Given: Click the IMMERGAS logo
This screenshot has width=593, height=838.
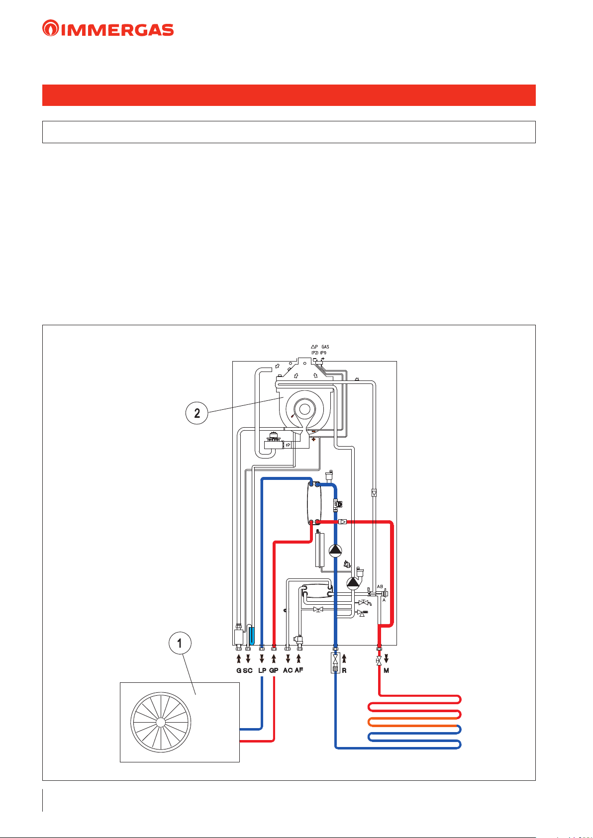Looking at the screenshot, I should pyautogui.click(x=108, y=28).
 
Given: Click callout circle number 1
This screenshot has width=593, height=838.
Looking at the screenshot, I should pyautogui.click(x=180, y=644).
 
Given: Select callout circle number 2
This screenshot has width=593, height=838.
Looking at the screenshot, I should pyautogui.click(x=197, y=413).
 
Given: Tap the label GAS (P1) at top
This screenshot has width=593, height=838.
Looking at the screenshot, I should pyautogui.click(x=324, y=350).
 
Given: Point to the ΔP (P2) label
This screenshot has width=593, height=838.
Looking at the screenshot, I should pyautogui.click(x=314, y=350).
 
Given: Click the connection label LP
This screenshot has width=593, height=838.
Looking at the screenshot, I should pyautogui.click(x=262, y=670).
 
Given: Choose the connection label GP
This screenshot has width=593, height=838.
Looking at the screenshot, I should pyautogui.click(x=274, y=670).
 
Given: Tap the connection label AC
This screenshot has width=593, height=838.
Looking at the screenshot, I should pyautogui.click(x=288, y=670).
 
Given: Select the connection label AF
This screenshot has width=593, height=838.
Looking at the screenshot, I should pyautogui.click(x=299, y=670).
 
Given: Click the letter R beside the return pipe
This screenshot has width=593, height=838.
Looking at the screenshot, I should pyautogui.click(x=344, y=670).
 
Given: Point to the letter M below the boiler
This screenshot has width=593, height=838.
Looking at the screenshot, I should pyautogui.click(x=387, y=670).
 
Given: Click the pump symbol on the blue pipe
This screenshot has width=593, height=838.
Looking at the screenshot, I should pyautogui.click(x=336, y=550).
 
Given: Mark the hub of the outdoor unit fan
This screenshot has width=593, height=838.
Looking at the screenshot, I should pyautogui.click(x=160, y=722).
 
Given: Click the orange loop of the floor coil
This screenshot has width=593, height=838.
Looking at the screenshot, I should pyautogui.click(x=413, y=722).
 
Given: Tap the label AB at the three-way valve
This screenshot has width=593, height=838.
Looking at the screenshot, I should pyautogui.click(x=380, y=587).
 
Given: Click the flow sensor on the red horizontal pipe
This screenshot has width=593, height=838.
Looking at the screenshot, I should pyautogui.click(x=343, y=522).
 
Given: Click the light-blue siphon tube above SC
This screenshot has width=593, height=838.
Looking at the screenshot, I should pyautogui.click(x=252, y=635).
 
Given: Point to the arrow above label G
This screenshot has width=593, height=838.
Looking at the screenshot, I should pyautogui.click(x=239, y=659).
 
